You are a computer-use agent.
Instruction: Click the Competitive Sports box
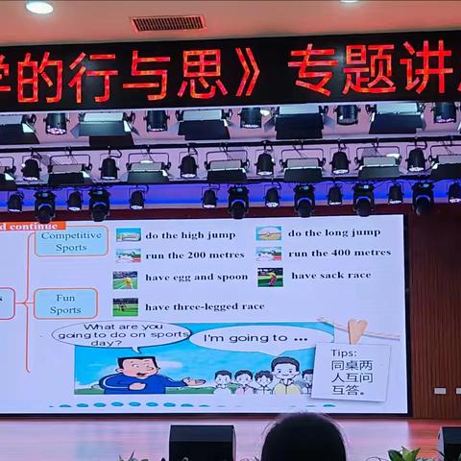[65, 240]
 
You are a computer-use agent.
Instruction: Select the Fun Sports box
[65, 303]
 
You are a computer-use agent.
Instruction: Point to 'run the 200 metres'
[191, 255]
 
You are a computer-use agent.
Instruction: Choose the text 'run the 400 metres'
[339, 254]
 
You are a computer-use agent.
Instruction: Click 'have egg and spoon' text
[196, 278]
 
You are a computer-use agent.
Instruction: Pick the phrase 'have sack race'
[331, 276]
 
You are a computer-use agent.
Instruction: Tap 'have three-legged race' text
[205, 307]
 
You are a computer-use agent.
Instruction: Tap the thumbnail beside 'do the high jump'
[129, 234]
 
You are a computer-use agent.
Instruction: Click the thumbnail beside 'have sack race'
[270, 277]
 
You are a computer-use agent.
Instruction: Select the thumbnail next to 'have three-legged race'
[125, 307]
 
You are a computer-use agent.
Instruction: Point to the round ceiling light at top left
[39, 7]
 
